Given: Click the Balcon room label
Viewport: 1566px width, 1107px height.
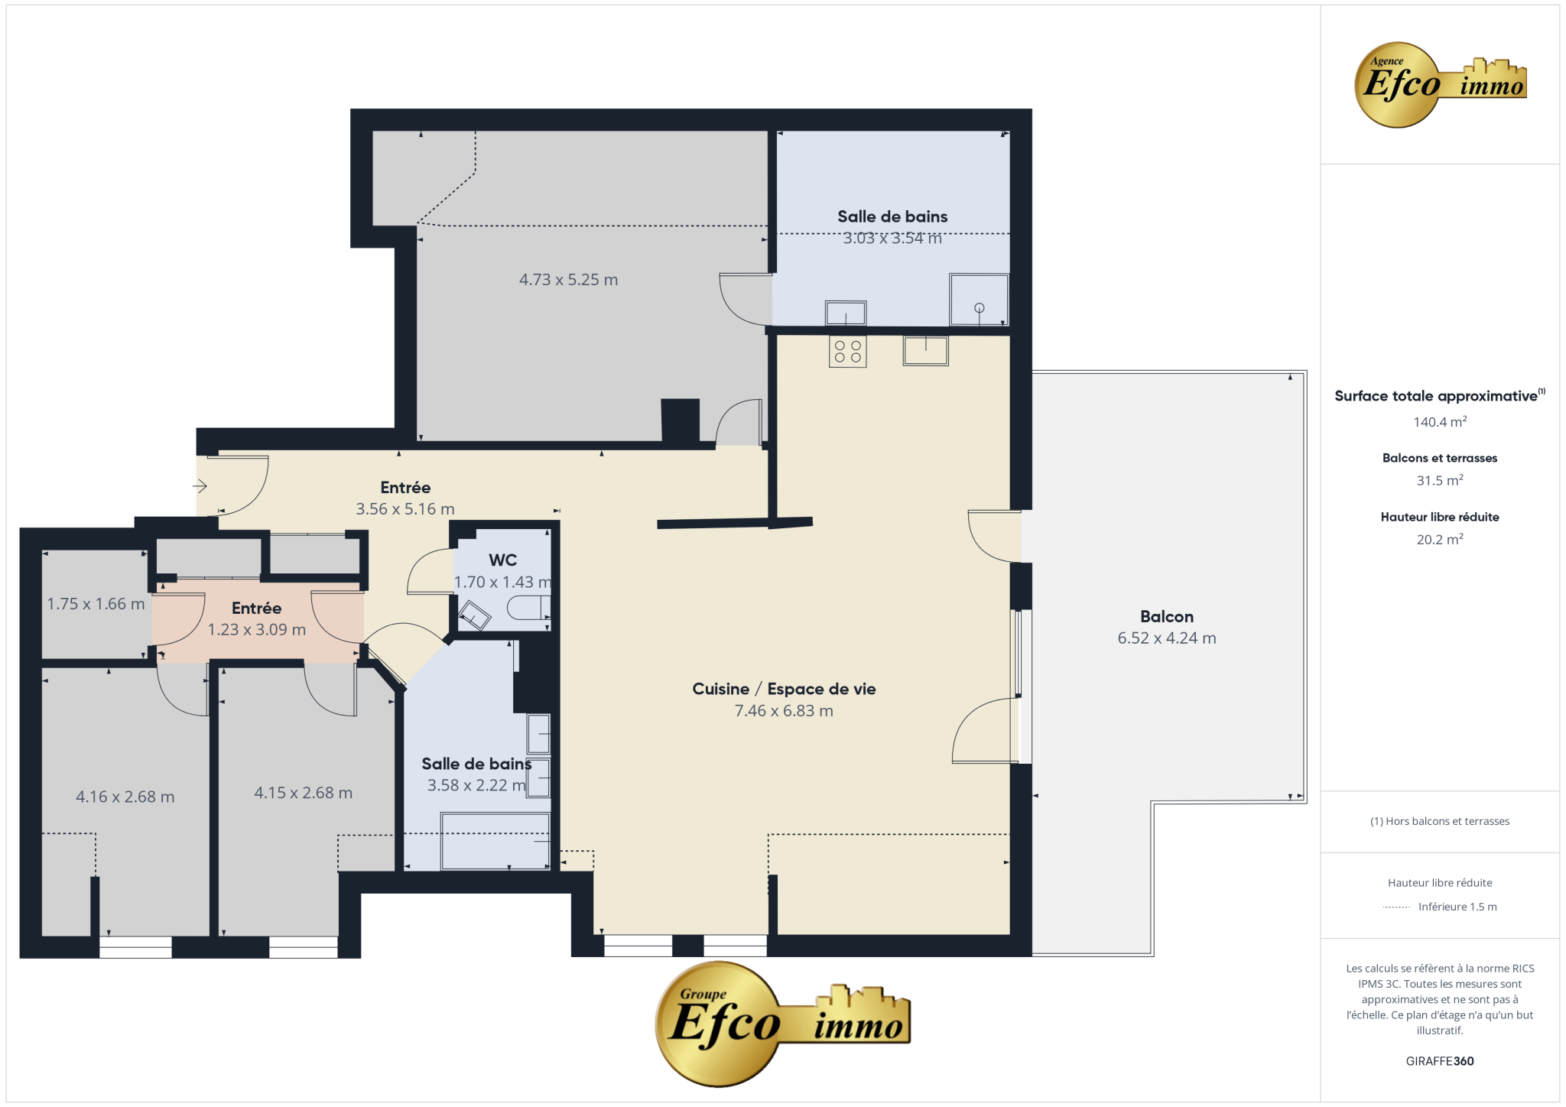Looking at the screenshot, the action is (x=1166, y=616).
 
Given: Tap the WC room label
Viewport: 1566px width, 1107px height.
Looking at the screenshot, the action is (x=502, y=560).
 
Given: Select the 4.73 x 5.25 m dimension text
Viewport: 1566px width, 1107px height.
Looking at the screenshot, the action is (x=568, y=280).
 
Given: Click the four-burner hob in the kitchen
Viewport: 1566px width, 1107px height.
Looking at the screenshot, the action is (x=847, y=352).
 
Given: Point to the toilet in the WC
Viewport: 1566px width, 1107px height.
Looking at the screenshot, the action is (x=528, y=609).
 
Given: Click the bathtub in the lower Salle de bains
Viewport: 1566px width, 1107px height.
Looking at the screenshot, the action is (x=495, y=841).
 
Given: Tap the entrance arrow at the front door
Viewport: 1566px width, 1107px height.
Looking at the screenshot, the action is (x=200, y=485).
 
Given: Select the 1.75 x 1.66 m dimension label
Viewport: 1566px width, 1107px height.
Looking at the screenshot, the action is (x=96, y=604).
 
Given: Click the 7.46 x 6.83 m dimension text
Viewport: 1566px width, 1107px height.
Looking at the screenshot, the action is (x=784, y=711).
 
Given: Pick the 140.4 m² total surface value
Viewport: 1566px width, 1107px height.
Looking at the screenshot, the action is (x=1440, y=421).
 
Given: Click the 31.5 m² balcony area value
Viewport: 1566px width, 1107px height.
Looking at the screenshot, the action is (x=1440, y=480).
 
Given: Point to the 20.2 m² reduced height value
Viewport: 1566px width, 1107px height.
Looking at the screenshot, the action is (x=1440, y=539).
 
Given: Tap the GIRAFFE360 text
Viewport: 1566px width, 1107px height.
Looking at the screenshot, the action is (x=1440, y=1061).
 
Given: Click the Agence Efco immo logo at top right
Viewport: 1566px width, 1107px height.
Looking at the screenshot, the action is (x=1441, y=84).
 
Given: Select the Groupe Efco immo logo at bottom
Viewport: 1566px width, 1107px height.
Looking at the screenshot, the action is (x=783, y=1024).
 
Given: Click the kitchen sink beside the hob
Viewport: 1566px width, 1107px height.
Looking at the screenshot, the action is (x=925, y=351).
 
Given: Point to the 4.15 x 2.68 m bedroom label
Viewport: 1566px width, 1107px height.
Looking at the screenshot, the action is (x=304, y=793).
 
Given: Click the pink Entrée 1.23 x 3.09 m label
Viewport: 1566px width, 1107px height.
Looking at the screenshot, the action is (x=257, y=618).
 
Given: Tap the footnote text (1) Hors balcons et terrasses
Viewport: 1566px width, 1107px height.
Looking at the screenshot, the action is (x=1440, y=821).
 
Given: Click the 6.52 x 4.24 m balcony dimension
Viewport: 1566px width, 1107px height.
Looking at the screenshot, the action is (x=1166, y=638).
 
